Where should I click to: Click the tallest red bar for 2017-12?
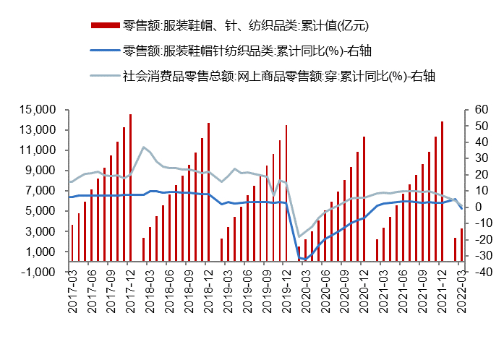click(x=130, y=188)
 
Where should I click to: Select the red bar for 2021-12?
click(x=442, y=192)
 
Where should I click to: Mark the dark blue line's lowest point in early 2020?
click(x=305, y=259)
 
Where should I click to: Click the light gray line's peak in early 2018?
click(x=143, y=147)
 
